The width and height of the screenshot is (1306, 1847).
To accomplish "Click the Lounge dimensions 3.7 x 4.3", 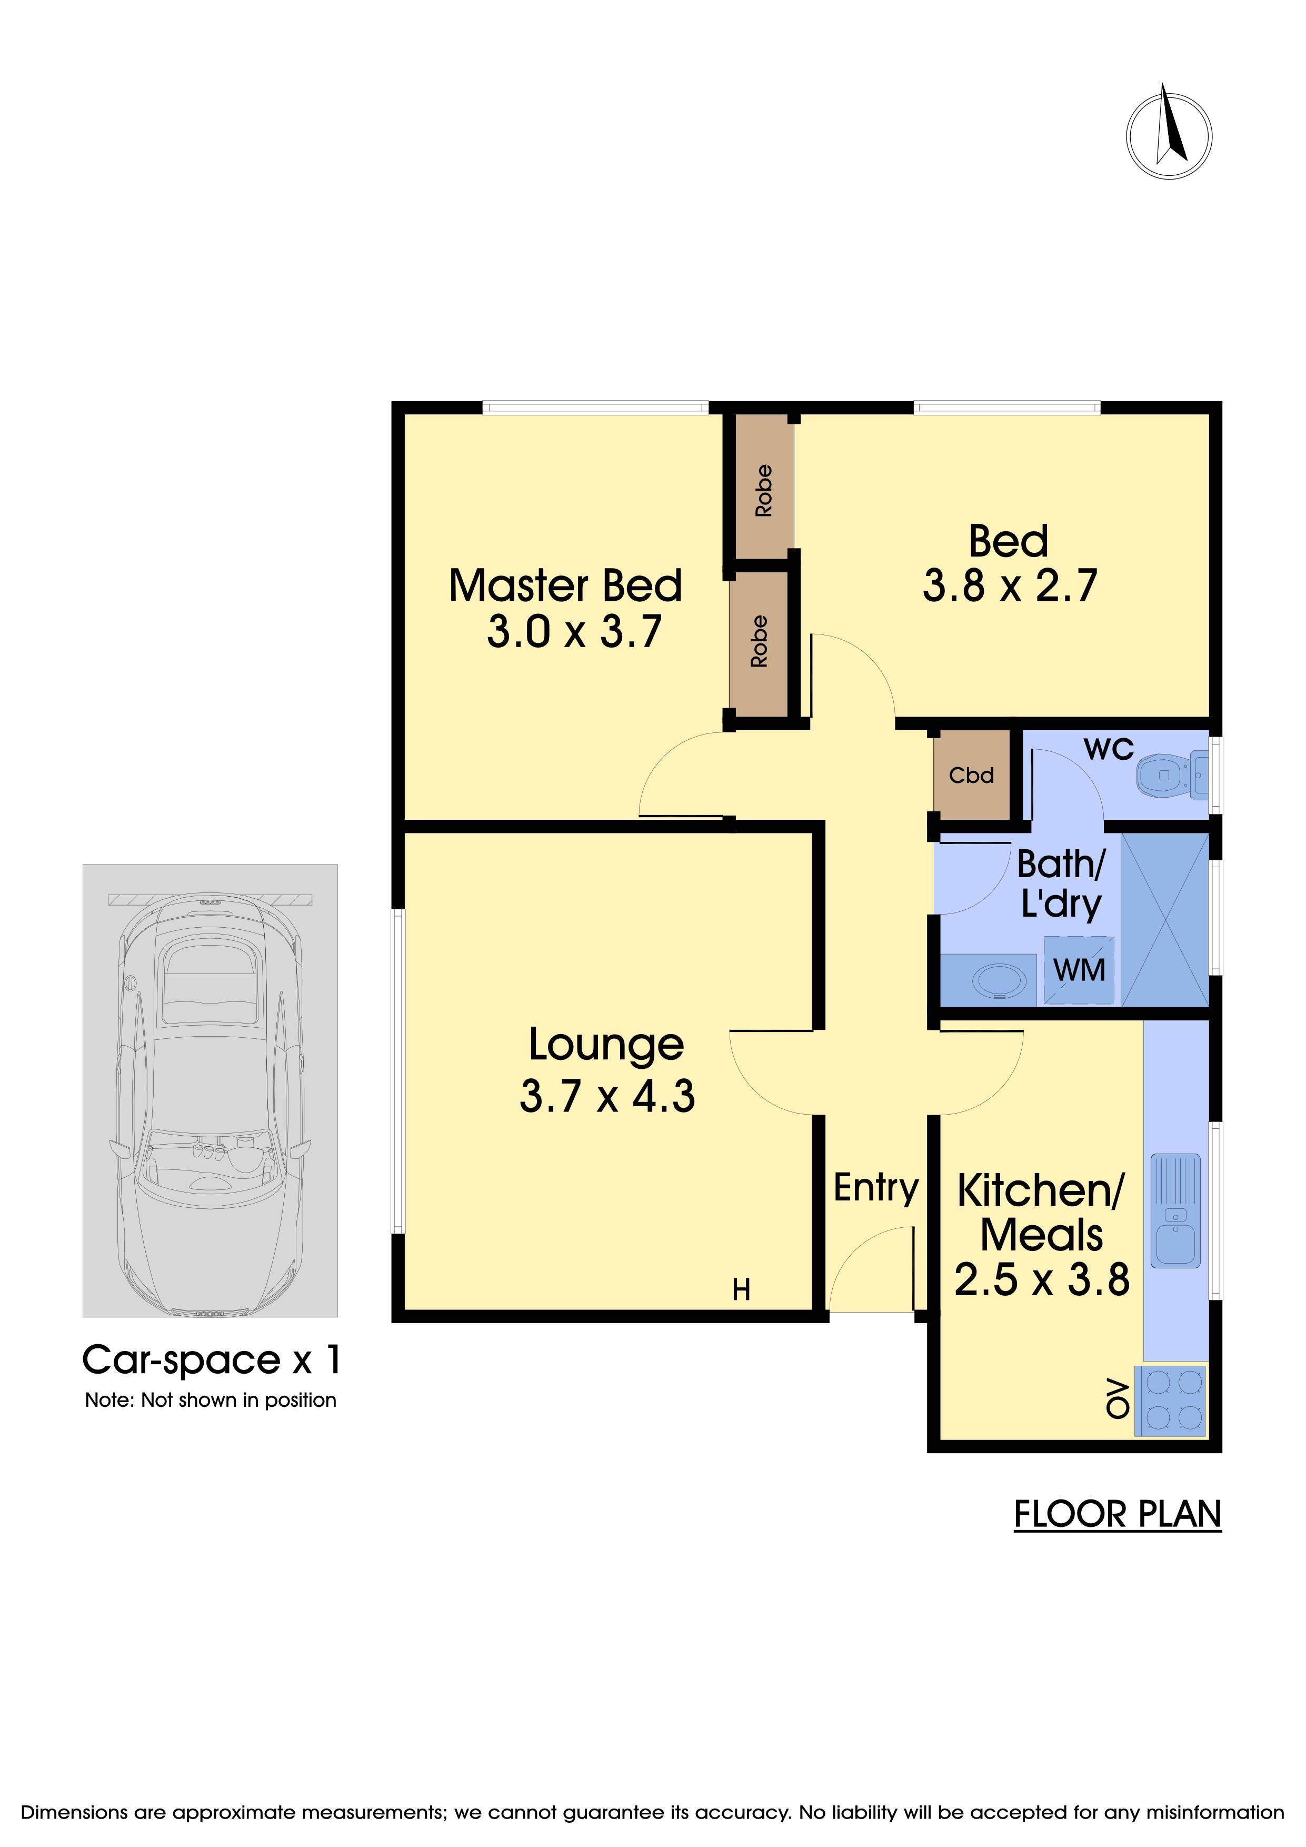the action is coord(607,1096).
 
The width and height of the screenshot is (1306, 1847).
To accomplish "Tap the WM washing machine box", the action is coord(1079,970).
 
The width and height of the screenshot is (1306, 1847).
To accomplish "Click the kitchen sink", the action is coord(1176,1210).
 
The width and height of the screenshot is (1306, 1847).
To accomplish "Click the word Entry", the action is coord(876,1188).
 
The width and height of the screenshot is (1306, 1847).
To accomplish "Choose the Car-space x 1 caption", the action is coord(212,1359).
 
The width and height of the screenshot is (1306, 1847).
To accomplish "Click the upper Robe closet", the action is coord(764,490).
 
